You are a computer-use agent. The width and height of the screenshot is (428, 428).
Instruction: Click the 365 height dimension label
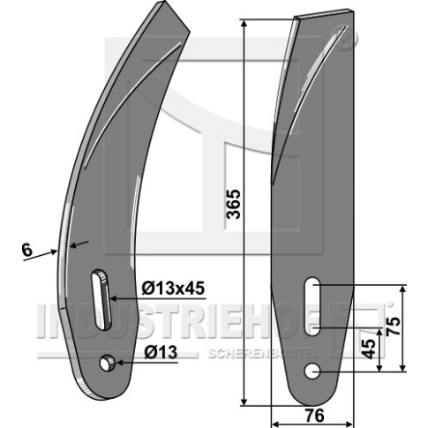(234, 204)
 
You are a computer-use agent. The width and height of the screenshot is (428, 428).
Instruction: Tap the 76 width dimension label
(314, 416)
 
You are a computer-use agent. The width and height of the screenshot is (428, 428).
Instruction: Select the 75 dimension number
(393, 326)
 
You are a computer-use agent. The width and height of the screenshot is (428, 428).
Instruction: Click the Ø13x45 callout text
(173, 288)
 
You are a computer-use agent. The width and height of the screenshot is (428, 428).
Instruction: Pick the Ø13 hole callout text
(161, 352)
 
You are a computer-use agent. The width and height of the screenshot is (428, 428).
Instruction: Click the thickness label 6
(26, 251)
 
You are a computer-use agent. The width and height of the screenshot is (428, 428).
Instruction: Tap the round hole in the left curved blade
(106, 363)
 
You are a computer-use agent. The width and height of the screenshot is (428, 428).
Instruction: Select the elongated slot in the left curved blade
(101, 299)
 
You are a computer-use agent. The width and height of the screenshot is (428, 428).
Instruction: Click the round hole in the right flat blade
(312, 371)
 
